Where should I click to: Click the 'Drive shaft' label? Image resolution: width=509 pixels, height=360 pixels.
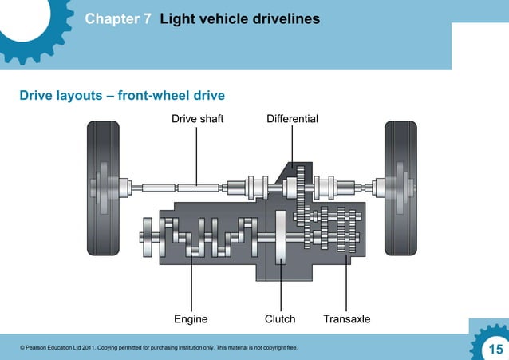coord(197,119)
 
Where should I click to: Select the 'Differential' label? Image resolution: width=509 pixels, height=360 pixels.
coord(292,119)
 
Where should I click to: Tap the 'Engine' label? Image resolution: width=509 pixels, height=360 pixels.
coord(191,319)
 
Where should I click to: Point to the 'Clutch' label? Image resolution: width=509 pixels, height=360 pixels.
coord(280,319)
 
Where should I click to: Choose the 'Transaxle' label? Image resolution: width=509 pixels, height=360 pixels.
coord(346,319)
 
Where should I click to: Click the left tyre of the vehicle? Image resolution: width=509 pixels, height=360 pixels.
coord(103,189)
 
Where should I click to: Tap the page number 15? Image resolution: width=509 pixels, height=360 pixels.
coord(495,349)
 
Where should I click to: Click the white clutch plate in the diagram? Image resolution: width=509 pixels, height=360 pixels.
coord(281,236)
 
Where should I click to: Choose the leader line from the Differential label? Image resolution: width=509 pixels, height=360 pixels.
coord(292,148)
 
